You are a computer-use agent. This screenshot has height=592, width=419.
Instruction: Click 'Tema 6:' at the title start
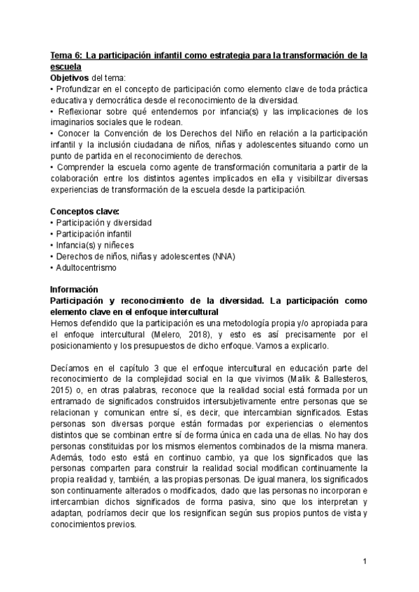click(x=68, y=55)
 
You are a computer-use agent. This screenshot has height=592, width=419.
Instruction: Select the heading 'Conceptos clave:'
click(x=84, y=211)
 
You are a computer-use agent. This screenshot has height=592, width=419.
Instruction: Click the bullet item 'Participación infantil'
click(x=93, y=233)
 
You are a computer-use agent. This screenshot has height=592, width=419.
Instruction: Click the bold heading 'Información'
click(x=75, y=289)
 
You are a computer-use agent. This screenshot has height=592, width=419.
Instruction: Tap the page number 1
click(x=365, y=561)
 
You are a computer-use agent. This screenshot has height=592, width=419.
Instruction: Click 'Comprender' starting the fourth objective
click(x=79, y=168)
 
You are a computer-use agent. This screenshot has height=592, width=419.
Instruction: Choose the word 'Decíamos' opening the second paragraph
click(x=70, y=368)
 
